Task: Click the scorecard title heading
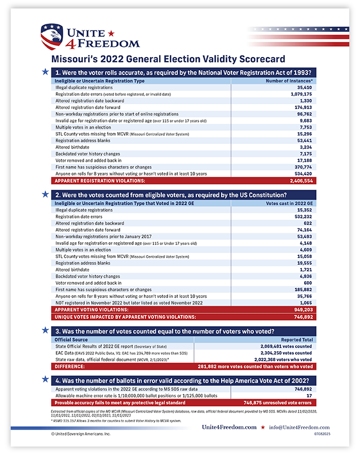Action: click(169, 59)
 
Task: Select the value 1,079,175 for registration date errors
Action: click(300, 94)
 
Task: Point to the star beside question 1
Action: click(45, 72)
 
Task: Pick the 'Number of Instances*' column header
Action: click(289, 81)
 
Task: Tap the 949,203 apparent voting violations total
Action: click(303, 309)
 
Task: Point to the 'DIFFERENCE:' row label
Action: click(70, 366)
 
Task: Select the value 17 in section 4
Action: click(309, 396)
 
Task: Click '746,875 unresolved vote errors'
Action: click(277, 403)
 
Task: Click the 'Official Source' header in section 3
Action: click(71, 340)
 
